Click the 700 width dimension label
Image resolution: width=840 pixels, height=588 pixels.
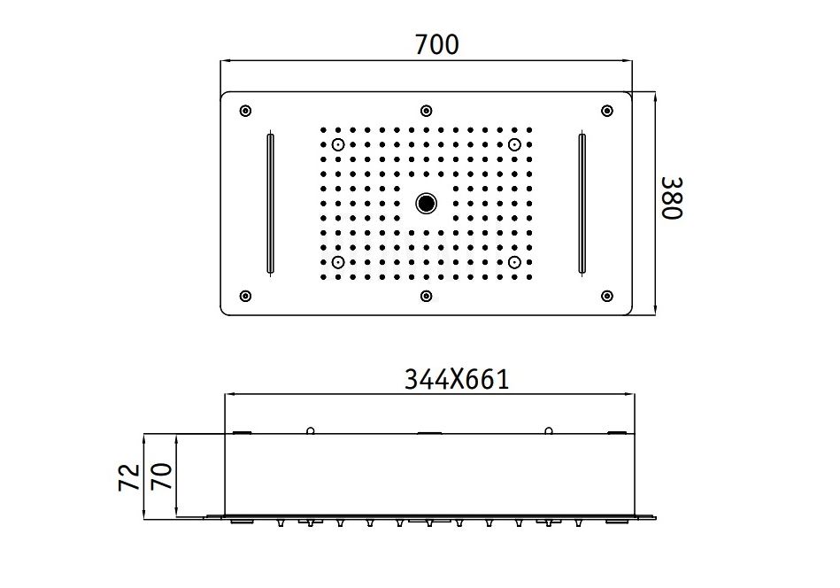click(x=436, y=44)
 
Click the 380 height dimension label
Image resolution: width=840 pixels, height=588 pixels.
click(x=672, y=197)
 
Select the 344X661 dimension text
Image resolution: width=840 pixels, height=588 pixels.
click(x=457, y=380)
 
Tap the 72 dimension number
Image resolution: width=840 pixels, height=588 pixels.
click(x=129, y=477)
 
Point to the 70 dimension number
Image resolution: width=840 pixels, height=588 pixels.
click(x=162, y=476)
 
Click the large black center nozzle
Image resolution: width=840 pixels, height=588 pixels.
click(x=427, y=203)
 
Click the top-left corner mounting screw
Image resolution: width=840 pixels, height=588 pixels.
click(x=245, y=111)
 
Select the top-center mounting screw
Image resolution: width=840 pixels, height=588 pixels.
click(x=427, y=111)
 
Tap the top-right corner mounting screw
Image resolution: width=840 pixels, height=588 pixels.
click(x=607, y=111)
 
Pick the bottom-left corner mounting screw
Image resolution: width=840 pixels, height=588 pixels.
click(x=245, y=296)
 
